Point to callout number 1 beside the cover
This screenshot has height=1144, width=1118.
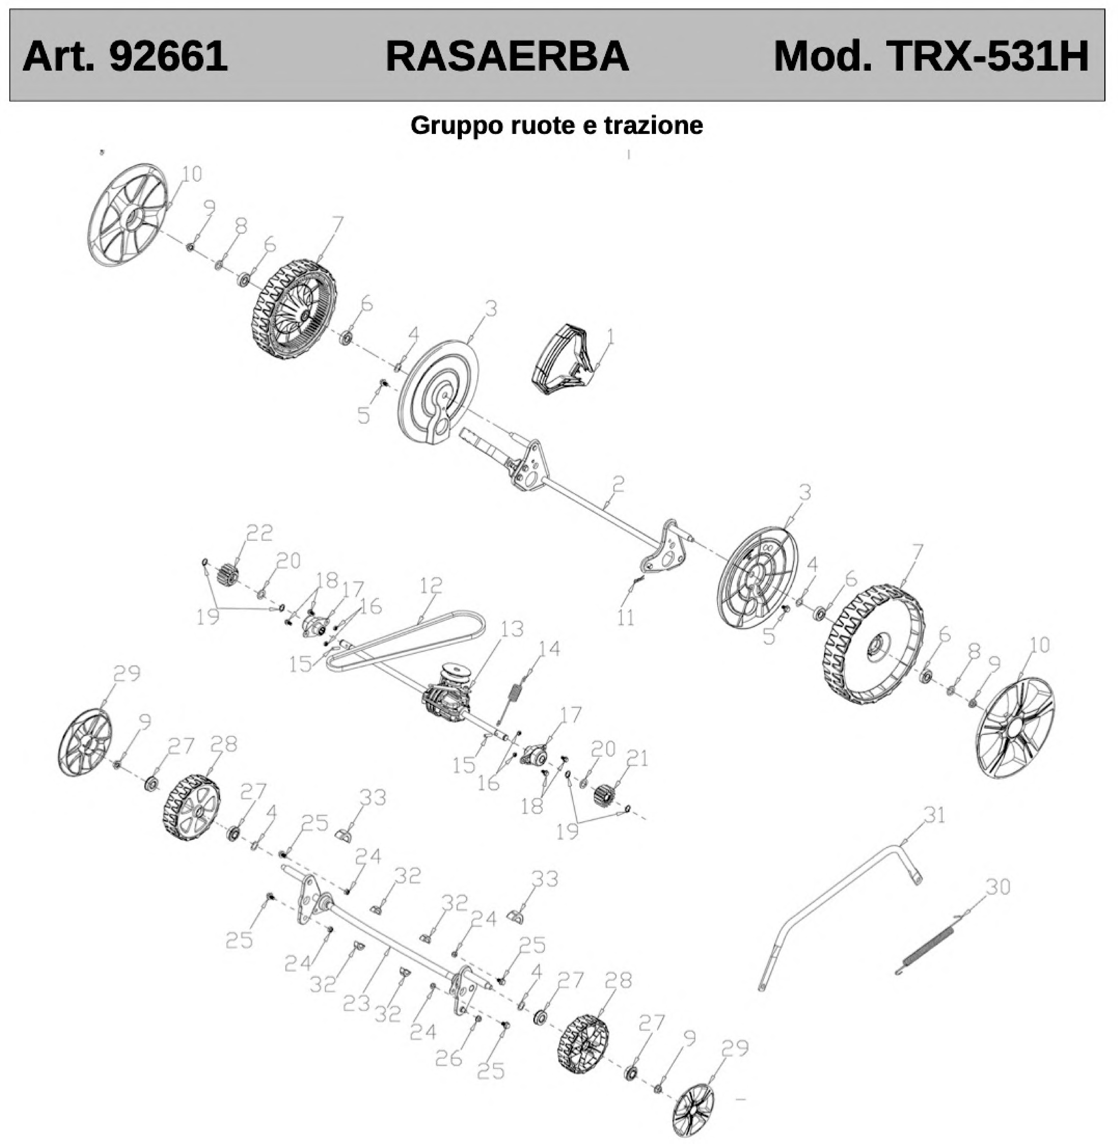611,337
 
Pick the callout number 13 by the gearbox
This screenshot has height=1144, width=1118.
512,629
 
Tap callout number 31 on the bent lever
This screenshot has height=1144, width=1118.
934,815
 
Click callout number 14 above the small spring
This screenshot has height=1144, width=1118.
549,649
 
